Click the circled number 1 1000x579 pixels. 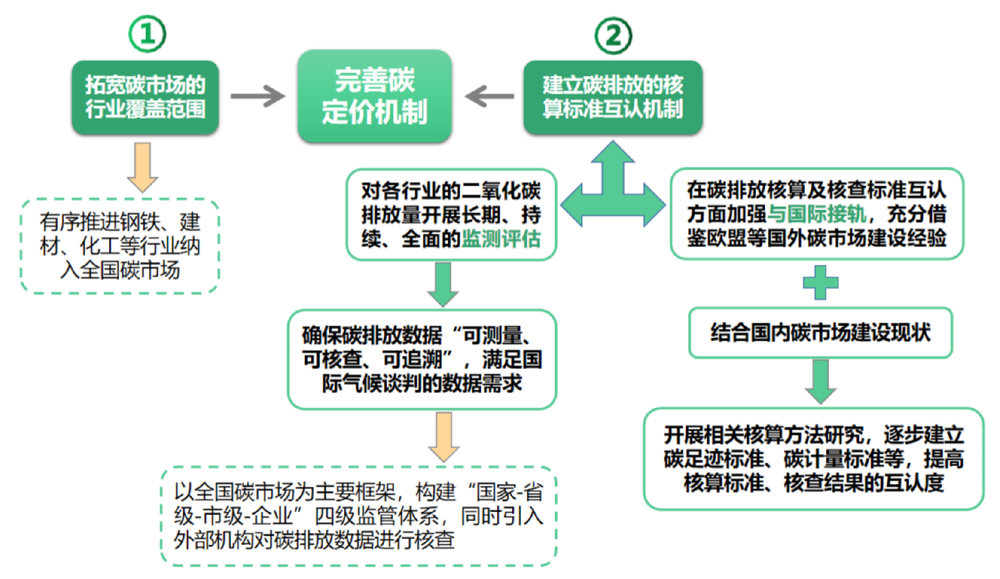click(x=147, y=34)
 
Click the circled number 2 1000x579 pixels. click(x=613, y=36)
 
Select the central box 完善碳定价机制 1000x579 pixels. click(x=374, y=96)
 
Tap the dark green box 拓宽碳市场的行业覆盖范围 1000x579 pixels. click(x=145, y=97)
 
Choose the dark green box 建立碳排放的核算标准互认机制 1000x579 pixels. click(x=612, y=97)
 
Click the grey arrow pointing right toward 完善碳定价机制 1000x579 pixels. click(x=258, y=96)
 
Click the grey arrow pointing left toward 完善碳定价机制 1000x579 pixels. click(x=489, y=96)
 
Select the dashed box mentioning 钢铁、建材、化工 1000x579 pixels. click(x=120, y=246)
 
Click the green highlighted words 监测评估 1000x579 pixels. click(x=501, y=239)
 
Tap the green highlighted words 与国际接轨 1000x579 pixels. click(x=816, y=213)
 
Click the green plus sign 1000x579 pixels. click(x=820, y=283)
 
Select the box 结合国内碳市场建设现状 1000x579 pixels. click(x=820, y=333)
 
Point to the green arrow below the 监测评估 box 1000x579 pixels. click(x=443, y=284)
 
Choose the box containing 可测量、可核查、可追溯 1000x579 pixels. click(x=422, y=359)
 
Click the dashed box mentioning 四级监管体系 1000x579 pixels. click(x=358, y=516)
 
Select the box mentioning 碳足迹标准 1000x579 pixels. click(x=814, y=459)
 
